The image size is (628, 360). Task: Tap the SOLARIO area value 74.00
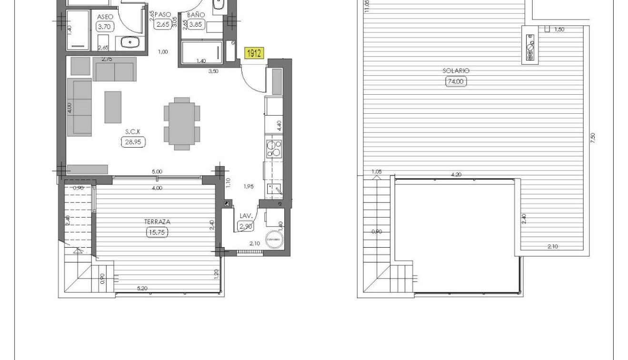tap(456, 81)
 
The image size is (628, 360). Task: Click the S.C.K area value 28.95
tap(132, 142)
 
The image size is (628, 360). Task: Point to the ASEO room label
tap(105, 17)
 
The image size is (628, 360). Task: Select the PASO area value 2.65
tap(162, 25)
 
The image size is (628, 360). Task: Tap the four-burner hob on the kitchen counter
tap(273, 148)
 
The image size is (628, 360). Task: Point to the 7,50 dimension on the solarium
tap(592, 138)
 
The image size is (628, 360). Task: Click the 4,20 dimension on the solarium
tap(456, 175)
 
